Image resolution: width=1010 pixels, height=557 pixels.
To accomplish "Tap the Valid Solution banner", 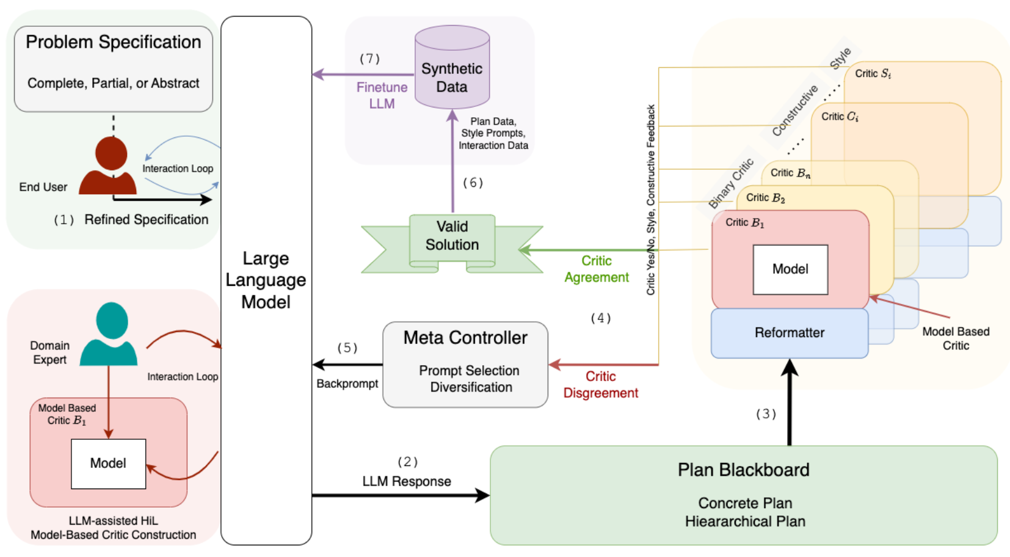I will pyautogui.click(x=452, y=236).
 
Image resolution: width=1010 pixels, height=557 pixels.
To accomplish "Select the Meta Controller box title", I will pyautogui.click(x=465, y=338).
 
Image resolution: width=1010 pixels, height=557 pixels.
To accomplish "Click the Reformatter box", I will pyautogui.click(x=789, y=333).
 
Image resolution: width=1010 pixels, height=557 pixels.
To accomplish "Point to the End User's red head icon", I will pyautogui.click(x=111, y=153).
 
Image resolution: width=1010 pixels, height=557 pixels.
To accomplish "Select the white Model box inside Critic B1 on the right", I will pyautogui.click(x=790, y=269).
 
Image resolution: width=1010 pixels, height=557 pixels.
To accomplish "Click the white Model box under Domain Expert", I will pyautogui.click(x=108, y=464).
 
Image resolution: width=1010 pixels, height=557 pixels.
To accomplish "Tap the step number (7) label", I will pyautogui.click(x=369, y=59).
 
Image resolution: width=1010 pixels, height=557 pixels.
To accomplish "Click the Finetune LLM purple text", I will pyautogui.click(x=382, y=95).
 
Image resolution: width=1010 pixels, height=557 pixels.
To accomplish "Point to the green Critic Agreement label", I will pyautogui.click(x=596, y=269).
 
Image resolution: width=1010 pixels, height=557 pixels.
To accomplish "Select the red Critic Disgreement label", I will pyautogui.click(x=600, y=385).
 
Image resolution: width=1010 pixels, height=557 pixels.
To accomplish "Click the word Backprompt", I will pyautogui.click(x=347, y=384).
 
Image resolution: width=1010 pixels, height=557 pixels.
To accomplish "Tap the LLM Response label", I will pyautogui.click(x=407, y=481).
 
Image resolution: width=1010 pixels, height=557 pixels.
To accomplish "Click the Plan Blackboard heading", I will pyautogui.click(x=743, y=470).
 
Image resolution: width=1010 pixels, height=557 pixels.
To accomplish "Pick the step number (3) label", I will pyautogui.click(x=766, y=414).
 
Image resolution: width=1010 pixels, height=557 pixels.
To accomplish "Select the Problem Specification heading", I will pyautogui.click(x=114, y=42).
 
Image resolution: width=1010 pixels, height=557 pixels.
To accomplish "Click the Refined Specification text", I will pyautogui.click(x=146, y=220).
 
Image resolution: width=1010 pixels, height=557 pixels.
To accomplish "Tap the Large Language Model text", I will pyautogui.click(x=266, y=280).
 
